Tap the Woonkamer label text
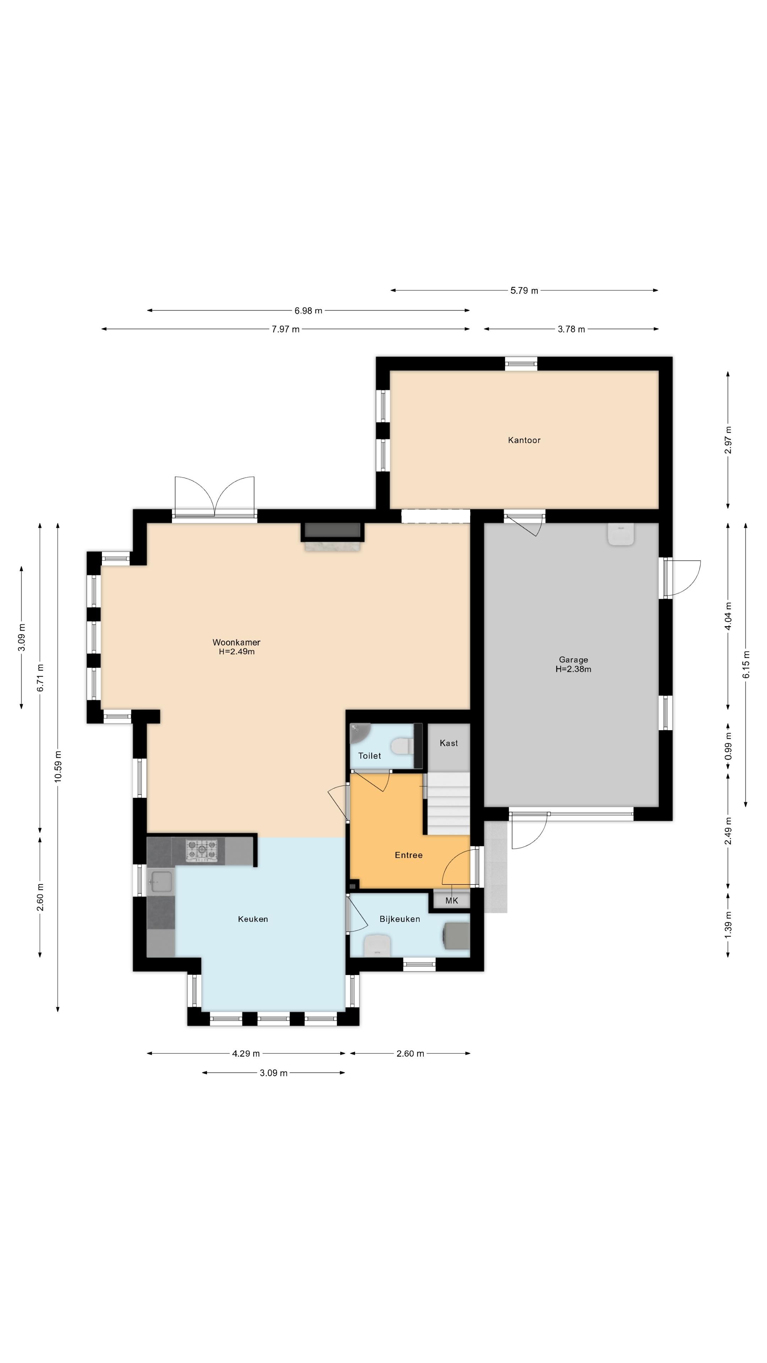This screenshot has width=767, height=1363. tap(236, 642)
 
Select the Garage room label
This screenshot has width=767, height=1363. tap(573, 660)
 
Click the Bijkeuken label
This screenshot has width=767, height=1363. tap(399, 919)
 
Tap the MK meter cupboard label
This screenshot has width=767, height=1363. tap(452, 901)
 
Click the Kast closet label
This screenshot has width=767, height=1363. tap(448, 743)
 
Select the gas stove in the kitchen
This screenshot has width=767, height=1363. tap(201, 850)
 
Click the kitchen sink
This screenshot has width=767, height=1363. tap(161, 882)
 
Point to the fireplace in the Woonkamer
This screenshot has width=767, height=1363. tap(332, 536)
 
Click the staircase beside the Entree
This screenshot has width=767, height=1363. tap(448, 803)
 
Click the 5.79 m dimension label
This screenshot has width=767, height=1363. tap(524, 290)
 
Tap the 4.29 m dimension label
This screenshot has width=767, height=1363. tap(246, 1053)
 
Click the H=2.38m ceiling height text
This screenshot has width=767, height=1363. tap(573, 669)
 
